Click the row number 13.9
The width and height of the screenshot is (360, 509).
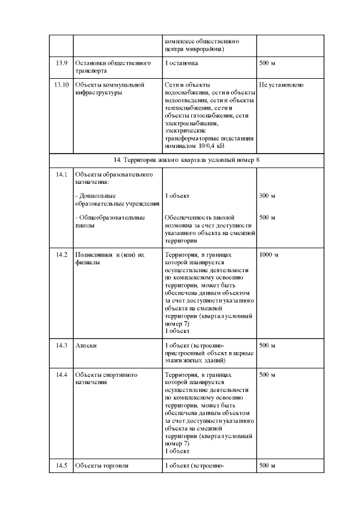(62, 64)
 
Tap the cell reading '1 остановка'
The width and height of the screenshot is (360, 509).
(182, 64)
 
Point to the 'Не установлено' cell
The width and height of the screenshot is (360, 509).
(281, 85)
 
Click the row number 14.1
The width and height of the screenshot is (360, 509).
(62, 174)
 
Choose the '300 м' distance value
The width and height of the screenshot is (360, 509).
(267, 196)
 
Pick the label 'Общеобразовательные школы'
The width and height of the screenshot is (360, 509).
(110, 220)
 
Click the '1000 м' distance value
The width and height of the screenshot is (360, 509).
(269, 255)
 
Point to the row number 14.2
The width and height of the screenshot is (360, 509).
(62, 255)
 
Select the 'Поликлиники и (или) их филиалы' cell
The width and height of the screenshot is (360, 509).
(110, 258)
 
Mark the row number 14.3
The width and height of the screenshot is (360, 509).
(62, 345)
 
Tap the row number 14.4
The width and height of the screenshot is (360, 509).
(62, 375)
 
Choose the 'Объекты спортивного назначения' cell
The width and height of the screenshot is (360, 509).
(107, 378)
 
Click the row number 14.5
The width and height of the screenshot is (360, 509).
(62, 466)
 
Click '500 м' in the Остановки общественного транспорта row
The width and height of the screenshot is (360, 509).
(267, 64)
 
